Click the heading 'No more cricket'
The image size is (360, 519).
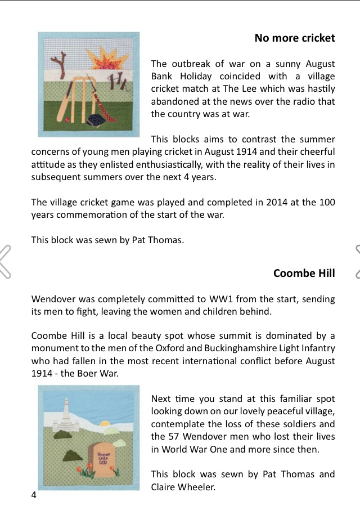[x=294, y=38]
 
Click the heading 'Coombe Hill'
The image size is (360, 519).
[x=304, y=274]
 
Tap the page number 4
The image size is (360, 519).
[x=34, y=495]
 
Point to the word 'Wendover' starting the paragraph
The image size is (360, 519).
[x=52, y=299]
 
